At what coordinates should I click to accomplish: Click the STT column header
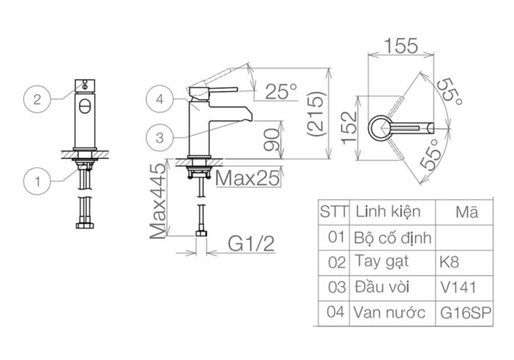point(334,212)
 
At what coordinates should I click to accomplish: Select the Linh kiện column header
point(388,212)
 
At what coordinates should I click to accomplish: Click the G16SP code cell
point(466,312)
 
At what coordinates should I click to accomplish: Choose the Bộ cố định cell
point(393,237)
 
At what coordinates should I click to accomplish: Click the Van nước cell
point(390,312)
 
